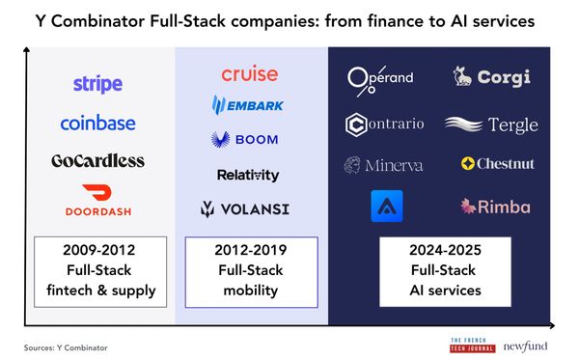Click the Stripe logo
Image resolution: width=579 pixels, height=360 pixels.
(97, 84)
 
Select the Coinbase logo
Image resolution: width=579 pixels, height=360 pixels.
(97, 123)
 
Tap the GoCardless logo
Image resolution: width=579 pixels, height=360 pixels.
(97, 160)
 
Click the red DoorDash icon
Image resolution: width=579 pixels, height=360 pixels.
(97, 194)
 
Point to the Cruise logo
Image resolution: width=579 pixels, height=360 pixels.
(249, 74)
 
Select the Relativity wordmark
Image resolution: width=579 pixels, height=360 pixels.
(248, 175)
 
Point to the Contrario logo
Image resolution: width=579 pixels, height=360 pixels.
(384, 125)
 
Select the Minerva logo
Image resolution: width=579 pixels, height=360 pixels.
(384, 165)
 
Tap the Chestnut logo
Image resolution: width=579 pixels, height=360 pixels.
(498, 164)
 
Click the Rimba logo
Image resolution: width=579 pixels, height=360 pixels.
(495, 206)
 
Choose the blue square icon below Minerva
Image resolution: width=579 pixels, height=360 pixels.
(387, 207)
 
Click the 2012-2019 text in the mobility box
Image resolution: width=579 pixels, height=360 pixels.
(251, 251)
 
